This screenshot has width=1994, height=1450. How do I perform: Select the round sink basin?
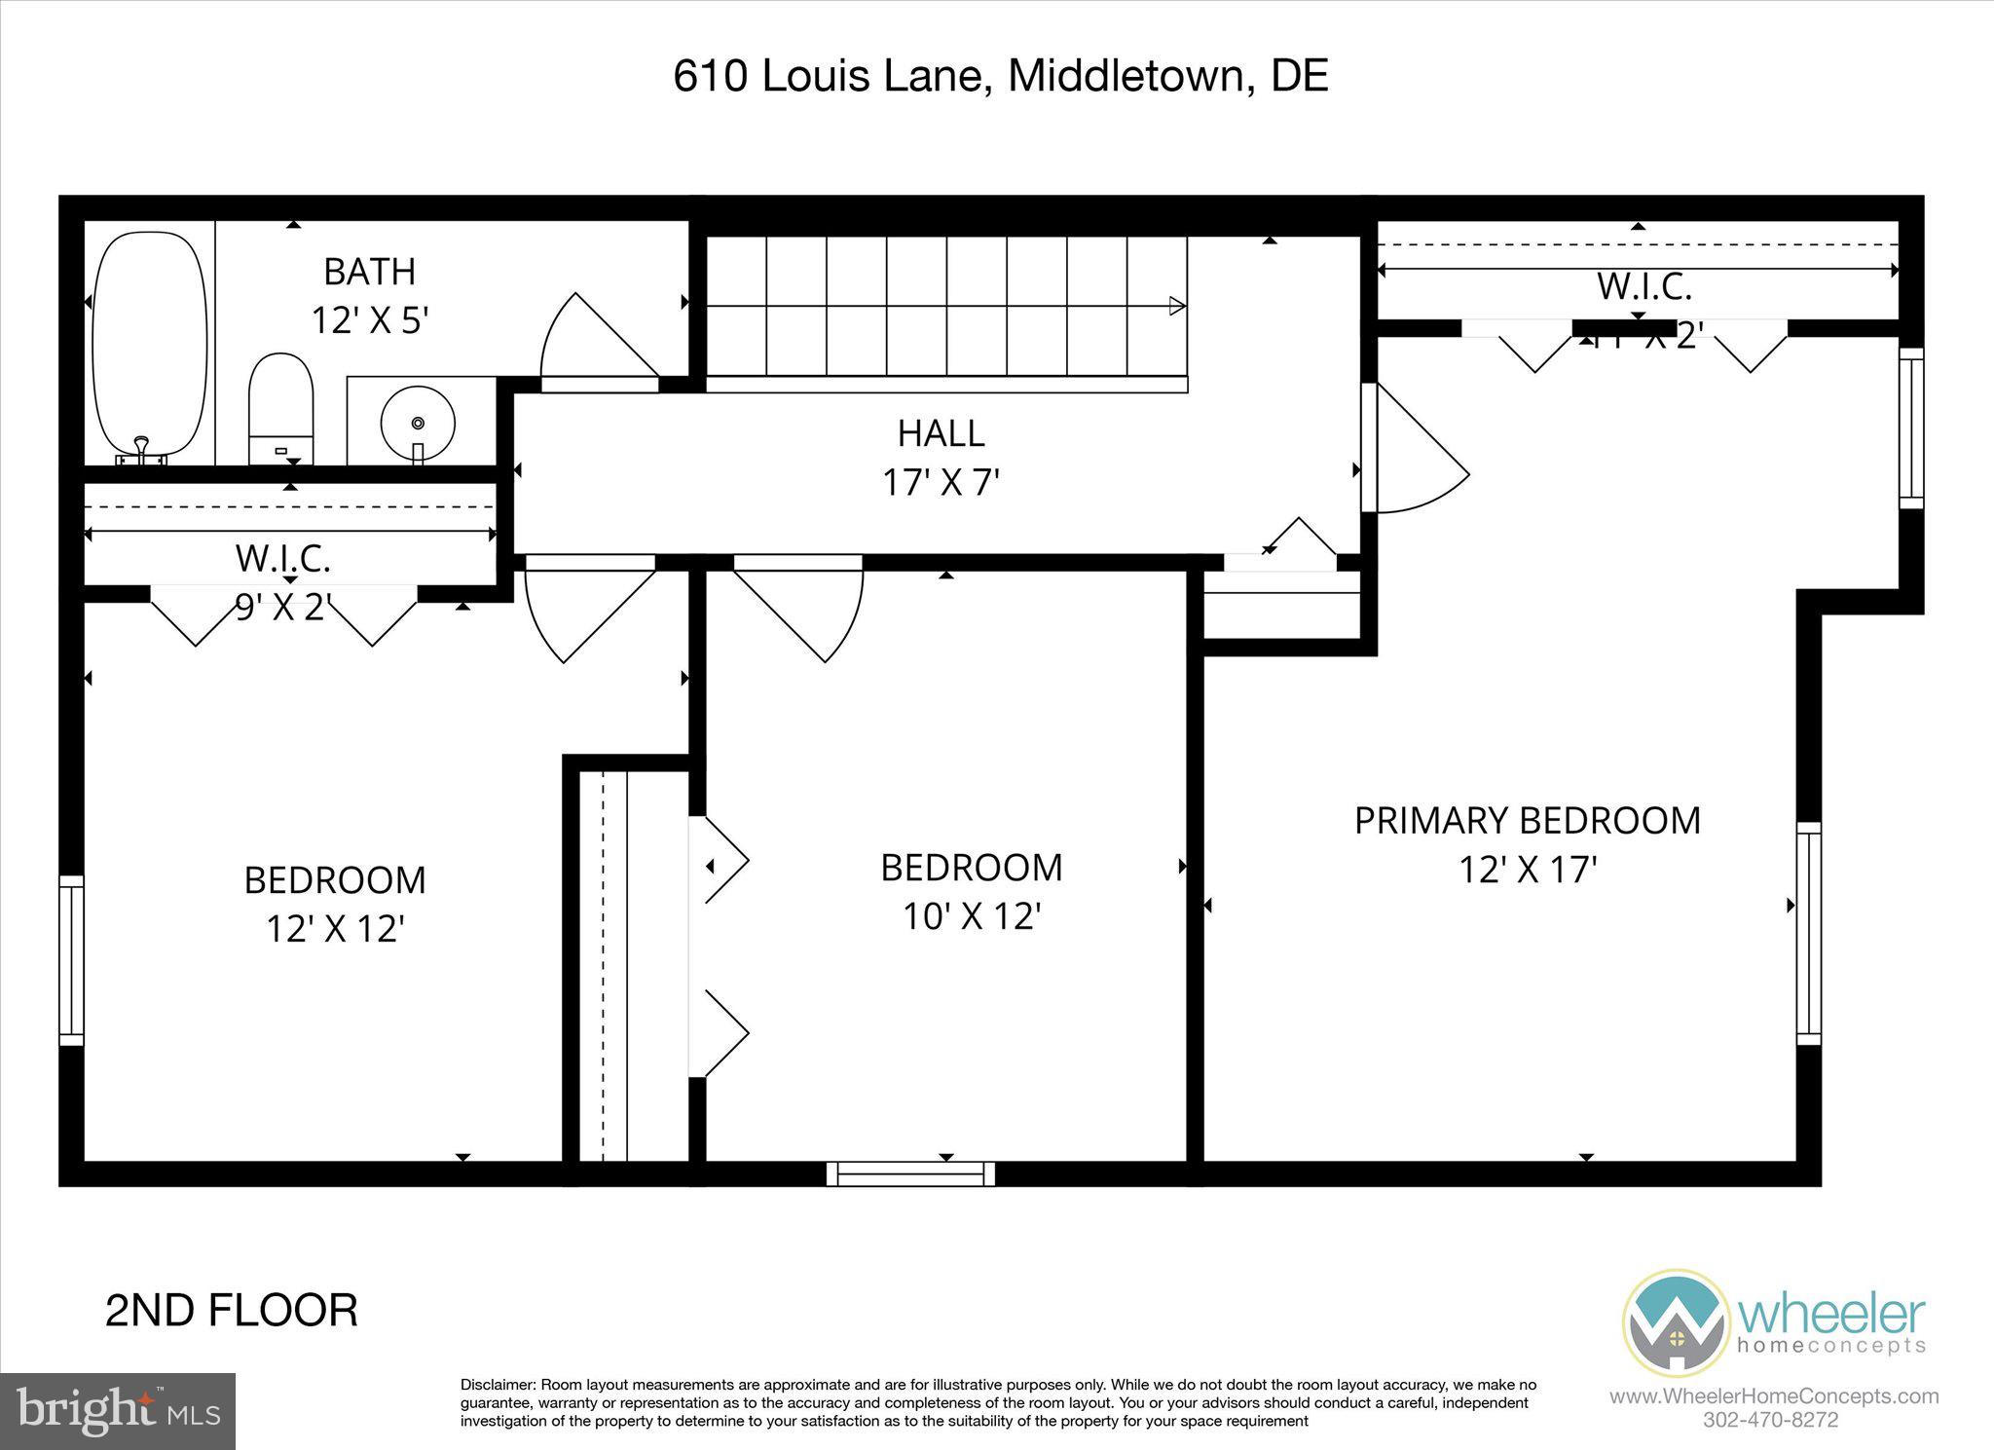[x=418, y=423]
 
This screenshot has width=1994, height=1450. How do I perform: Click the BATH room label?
[x=369, y=272]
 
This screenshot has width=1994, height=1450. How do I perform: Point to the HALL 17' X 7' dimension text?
[x=942, y=482]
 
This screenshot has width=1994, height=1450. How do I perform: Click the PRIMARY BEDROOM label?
[x=1527, y=821]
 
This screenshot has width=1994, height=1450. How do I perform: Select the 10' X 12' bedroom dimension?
[x=972, y=916]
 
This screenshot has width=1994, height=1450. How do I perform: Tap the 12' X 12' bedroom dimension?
[x=335, y=929]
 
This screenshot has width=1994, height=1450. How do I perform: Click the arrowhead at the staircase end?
[x=1177, y=306]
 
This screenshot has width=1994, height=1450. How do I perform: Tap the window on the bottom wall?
[x=910, y=1172]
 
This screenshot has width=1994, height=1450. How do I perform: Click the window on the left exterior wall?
[x=71, y=960]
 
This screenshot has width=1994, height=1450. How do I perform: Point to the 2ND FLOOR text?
[x=231, y=1311]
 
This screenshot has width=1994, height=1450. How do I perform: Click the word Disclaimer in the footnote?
[x=498, y=1385]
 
